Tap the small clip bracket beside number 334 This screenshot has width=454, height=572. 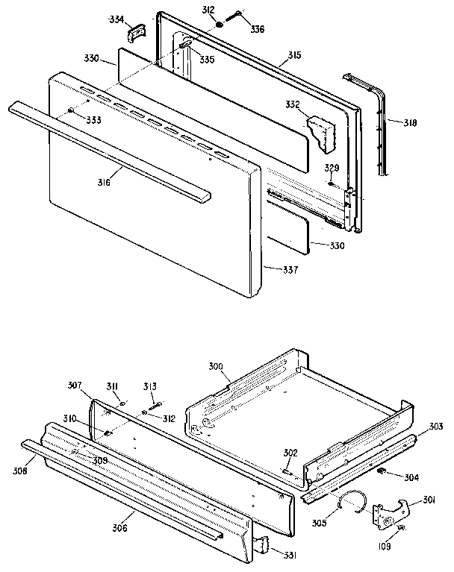tap(136, 33)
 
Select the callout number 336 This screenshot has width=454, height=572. tap(257, 30)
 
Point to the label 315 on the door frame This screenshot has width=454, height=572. tap(295, 56)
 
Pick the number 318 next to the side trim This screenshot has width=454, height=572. tap(410, 122)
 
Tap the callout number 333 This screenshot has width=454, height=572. tap(93, 119)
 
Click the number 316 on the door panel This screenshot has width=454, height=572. tap(103, 181)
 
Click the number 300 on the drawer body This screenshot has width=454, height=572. tap(216, 368)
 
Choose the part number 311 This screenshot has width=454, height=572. tap(112, 386)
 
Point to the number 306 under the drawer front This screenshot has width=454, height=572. tap(119, 528)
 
